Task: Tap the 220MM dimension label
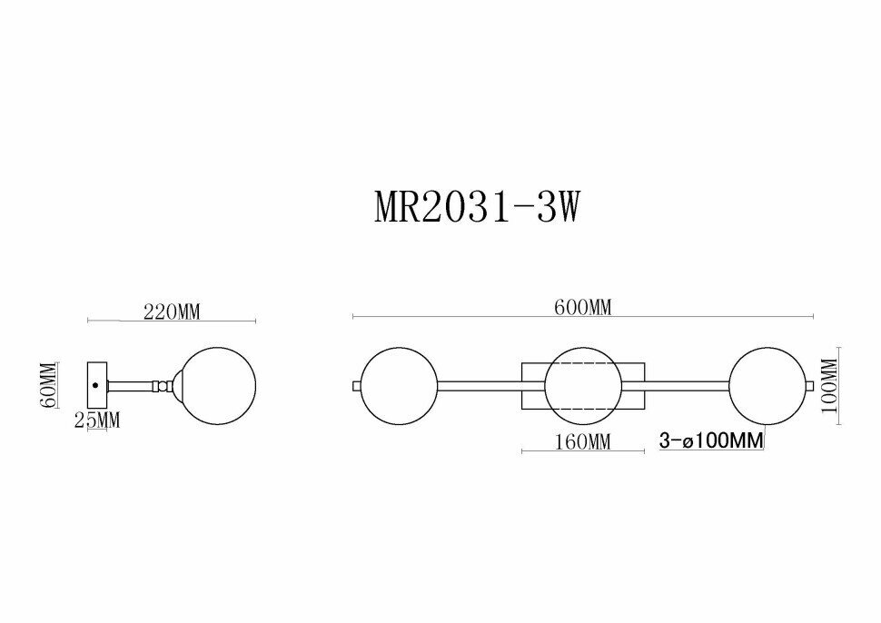[x=172, y=311]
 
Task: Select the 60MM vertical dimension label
[x=50, y=385]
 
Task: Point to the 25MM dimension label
[x=98, y=420]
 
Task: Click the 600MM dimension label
[x=583, y=307]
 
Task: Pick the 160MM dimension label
[x=582, y=442]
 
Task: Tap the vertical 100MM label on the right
[x=830, y=385]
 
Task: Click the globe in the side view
[x=218, y=385]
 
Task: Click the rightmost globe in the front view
[x=767, y=386]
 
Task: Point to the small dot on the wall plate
[x=95, y=385]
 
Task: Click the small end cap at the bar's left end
[x=357, y=386]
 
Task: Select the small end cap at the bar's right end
[x=810, y=386]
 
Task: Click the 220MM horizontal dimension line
[x=172, y=321]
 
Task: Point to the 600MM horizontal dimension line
[x=583, y=317]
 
